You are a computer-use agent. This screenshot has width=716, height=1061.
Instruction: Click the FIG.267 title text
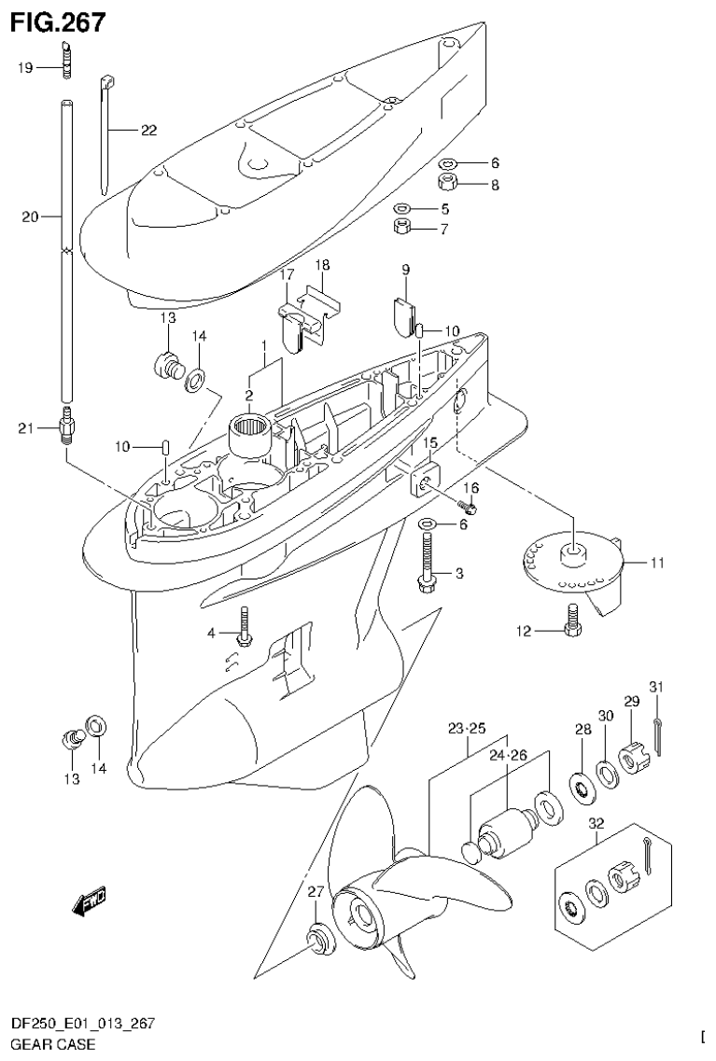tap(57, 21)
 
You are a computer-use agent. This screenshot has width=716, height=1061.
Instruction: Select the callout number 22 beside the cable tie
tap(148, 131)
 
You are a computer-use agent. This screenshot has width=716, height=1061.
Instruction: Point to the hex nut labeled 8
tap(448, 181)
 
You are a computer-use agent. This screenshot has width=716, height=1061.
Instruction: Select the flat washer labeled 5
tap(402, 208)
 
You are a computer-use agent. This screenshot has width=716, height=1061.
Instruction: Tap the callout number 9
tap(406, 270)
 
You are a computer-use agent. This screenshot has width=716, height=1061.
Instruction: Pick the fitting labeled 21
tap(67, 429)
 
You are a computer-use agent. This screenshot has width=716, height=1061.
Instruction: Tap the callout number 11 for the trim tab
tap(656, 563)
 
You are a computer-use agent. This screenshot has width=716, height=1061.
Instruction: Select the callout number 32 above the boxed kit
tap(597, 824)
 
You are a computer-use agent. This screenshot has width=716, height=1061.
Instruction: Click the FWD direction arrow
tap(90, 899)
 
